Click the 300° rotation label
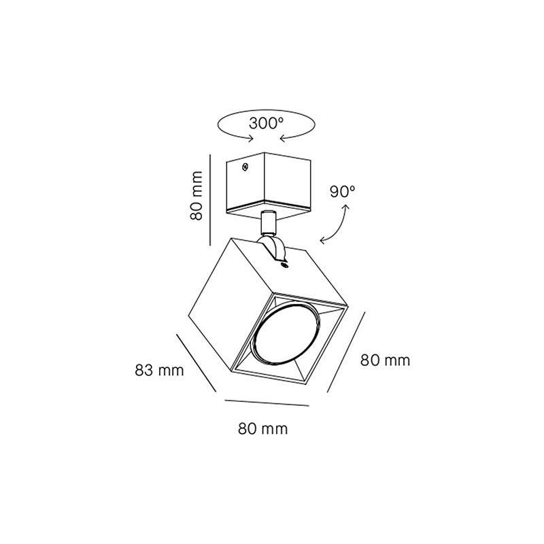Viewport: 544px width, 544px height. coord(267,123)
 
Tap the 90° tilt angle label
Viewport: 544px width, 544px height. coord(343,192)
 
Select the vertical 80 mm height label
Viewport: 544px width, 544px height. coord(197,196)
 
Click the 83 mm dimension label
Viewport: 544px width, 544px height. coord(159,371)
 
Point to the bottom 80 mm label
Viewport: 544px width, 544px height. coord(263,429)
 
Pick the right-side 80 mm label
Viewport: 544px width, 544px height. coord(385,360)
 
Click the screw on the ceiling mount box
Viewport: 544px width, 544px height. coord(245,167)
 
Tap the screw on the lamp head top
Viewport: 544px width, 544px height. coord(284,266)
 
